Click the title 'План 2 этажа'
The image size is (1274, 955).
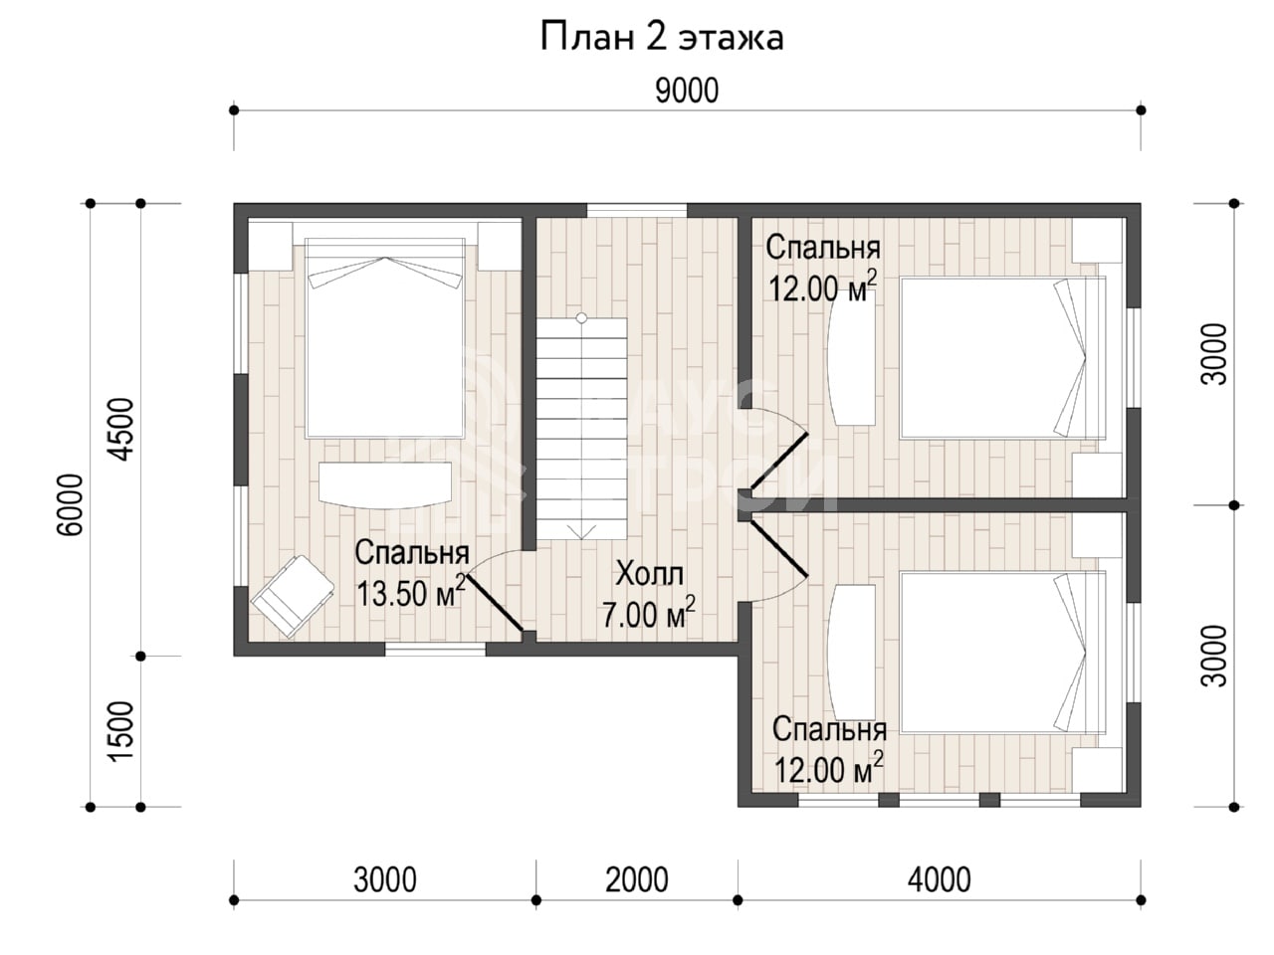click(662, 39)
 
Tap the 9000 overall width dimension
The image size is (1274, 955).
click(687, 92)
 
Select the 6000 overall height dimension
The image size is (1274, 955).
click(72, 504)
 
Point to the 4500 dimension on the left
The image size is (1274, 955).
click(122, 429)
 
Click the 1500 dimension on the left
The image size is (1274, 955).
click(122, 730)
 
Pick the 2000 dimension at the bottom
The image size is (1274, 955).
click(637, 879)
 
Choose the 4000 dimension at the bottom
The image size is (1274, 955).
click(940, 879)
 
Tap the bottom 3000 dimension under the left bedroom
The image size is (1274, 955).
click(385, 879)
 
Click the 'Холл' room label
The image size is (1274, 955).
click(650, 574)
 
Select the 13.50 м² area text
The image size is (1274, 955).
click(411, 592)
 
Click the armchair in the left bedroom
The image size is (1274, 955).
click(293, 596)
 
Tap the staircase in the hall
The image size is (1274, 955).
click(581, 428)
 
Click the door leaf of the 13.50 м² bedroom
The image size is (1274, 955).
click(495, 603)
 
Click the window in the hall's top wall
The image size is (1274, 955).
click(637, 210)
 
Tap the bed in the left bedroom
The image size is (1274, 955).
click(385, 337)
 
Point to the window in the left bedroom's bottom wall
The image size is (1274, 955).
click(435, 649)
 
